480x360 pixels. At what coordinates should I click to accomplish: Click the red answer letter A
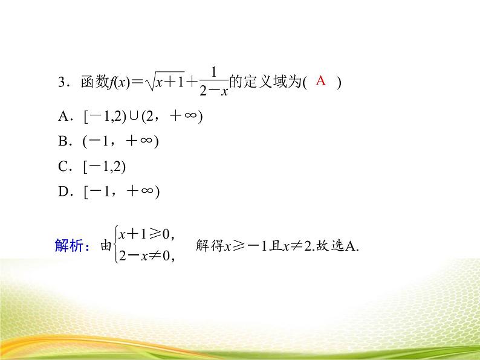coord(321,81)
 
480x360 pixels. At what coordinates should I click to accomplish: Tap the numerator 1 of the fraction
coord(214,72)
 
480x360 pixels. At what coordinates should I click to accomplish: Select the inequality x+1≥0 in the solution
coord(146,233)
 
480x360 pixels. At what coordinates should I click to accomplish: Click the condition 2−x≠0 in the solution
coord(146,257)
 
